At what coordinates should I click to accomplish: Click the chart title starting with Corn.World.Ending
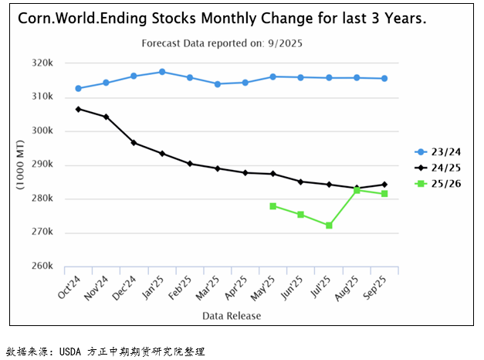pos(222,18)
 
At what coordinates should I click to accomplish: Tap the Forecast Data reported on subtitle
pos(222,43)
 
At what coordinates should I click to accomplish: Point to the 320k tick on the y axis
pos(41,63)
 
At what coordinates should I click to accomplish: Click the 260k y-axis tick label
pos(41,267)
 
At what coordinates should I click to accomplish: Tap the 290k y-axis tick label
pos(41,165)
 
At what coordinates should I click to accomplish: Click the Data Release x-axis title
pos(232,315)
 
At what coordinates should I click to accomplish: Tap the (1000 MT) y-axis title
pos(20,165)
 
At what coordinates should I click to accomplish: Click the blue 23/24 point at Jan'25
pos(162,72)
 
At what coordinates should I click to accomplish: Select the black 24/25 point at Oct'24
pos(78,109)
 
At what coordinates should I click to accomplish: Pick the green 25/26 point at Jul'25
pos(329,226)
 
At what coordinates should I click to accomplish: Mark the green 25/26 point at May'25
pos(273,206)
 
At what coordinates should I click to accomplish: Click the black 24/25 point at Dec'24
pos(134,143)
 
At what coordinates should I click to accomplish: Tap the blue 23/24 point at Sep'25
pos(384,78)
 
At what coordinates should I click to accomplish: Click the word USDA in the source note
pos(74,352)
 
